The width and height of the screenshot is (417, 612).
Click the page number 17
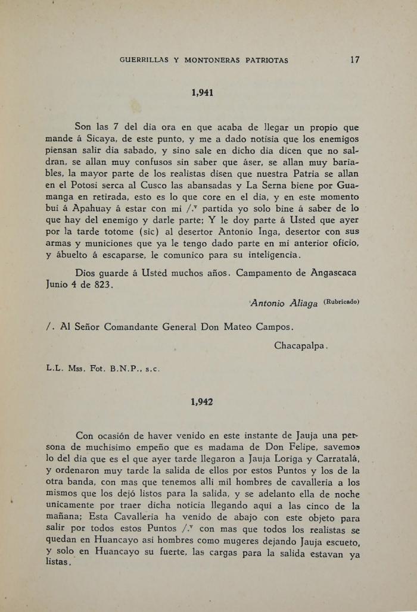[x=354, y=60]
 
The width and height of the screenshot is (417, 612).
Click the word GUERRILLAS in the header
[x=144, y=60]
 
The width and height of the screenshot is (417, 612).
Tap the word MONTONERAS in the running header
[x=213, y=60]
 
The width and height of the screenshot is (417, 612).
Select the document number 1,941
[x=203, y=92]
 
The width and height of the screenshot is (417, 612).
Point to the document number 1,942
[x=203, y=402]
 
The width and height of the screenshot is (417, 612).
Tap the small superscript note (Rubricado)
[x=341, y=301]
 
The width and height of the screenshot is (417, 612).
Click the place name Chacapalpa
[x=301, y=346]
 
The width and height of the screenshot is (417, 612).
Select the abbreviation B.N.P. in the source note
[x=126, y=369]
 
